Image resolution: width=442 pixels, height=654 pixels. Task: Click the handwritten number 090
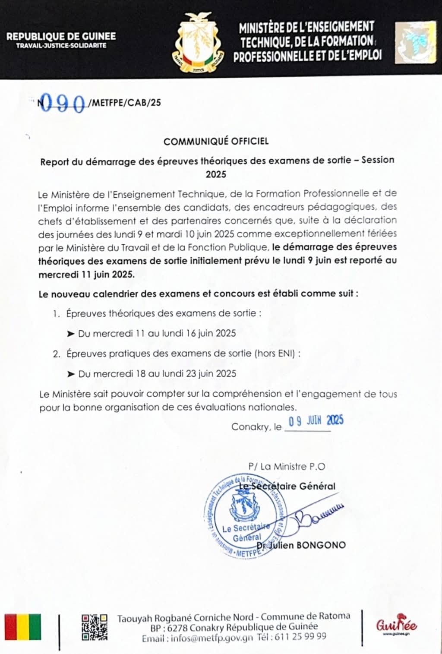pyautogui.click(x=63, y=103)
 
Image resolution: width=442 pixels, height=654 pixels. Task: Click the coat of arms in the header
pyautogui.click(x=199, y=43)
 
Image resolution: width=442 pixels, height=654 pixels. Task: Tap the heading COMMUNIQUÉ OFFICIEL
pyautogui.click(x=216, y=141)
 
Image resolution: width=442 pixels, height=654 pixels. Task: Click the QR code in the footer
pyautogui.click(x=94, y=626)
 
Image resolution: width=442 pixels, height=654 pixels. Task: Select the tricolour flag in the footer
pyautogui.click(x=23, y=626)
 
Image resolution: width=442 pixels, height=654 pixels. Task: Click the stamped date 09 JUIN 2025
pyautogui.click(x=316, y=420)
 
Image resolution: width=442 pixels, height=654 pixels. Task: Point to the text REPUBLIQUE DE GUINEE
pyautogui.click(x=61, y=37)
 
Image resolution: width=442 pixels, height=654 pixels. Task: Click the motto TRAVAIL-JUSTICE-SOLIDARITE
pyautogui.click(x=61, y=46)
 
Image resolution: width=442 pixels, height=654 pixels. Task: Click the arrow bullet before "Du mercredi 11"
pyautogui.click(x=71, y=334)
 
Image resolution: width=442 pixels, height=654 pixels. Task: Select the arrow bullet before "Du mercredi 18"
pyautogui.click(x=71, y=374)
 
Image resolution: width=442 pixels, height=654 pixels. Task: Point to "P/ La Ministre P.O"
pyautogui.click(x=287, y=466)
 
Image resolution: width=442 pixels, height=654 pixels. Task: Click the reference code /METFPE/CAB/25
pyautogui.click(x=124, y=103)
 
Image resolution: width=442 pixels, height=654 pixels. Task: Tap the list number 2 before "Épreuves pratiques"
pyautogui.click(x=56, y=354)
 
